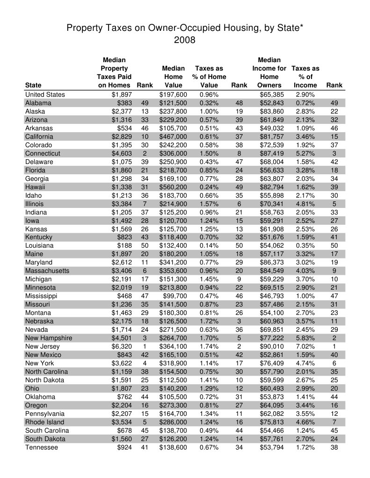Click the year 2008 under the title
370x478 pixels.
click(185, 40)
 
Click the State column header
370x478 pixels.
click(33, 85)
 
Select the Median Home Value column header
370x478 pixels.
click(174, 77)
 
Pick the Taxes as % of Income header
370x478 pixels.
click(305, 77)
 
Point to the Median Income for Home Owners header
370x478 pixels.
click(269, 72)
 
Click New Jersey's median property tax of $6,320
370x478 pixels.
click(121, 346)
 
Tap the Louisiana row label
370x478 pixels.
click(39, 246)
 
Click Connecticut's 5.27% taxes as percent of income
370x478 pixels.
click(305, 153)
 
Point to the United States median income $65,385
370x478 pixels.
click(272, 94)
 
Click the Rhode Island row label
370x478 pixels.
click(44, 422)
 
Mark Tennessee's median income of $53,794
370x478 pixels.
click(272, 448)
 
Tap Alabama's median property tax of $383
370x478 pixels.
click(124, 103)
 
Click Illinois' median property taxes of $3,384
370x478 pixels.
click(121, 204)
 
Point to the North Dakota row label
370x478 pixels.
click(44, 380)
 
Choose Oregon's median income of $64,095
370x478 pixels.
click(272, 405)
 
